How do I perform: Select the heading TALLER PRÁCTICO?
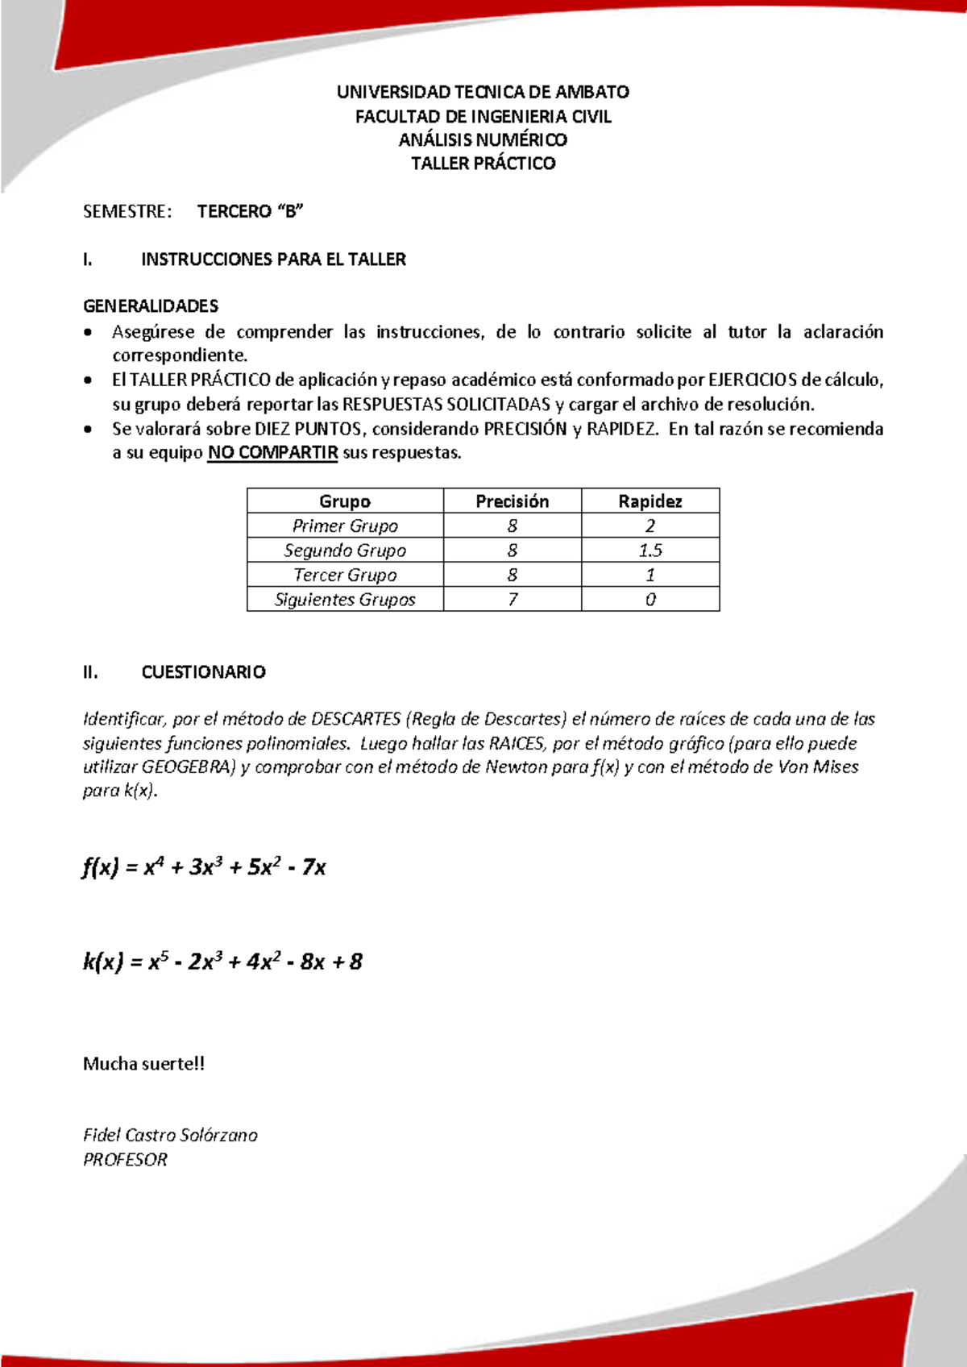483,164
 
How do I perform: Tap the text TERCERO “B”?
250,211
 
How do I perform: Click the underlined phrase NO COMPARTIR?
272,453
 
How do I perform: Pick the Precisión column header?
512,501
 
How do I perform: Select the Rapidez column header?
650,501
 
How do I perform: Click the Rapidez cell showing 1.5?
650,551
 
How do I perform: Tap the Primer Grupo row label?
345,526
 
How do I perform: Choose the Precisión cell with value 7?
512,600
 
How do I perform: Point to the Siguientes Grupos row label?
345,600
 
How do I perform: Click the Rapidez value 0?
650,600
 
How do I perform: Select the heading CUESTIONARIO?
203,672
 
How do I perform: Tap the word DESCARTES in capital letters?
355,719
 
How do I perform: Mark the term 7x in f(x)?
314,868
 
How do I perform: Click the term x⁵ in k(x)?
154,961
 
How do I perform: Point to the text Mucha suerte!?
143,1064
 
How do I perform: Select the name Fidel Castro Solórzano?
170,1136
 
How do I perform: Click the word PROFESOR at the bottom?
125,1160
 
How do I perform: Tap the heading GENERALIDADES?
151,306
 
